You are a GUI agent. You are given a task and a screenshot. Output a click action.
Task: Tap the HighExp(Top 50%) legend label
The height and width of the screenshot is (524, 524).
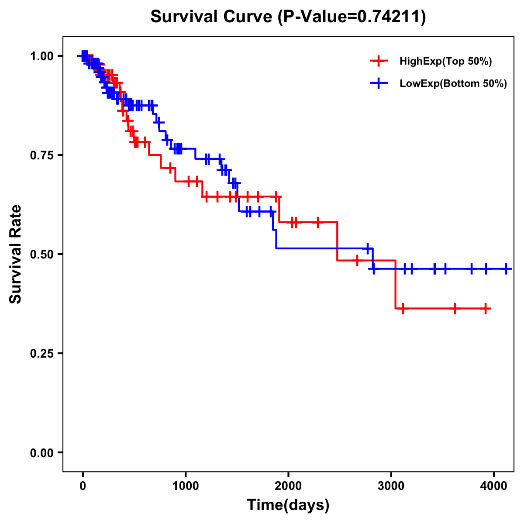[x=445, y=61]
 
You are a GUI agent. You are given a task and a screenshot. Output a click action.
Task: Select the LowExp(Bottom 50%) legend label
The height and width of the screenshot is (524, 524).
[x=453, y=83]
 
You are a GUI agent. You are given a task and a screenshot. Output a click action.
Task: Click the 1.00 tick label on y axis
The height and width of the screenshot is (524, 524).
[x=41, y=56]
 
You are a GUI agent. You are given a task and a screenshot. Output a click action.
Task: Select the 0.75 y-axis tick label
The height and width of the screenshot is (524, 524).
[x=41, y=155]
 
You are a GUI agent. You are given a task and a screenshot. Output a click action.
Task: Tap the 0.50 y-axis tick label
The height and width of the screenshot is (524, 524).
[x=41, y=255]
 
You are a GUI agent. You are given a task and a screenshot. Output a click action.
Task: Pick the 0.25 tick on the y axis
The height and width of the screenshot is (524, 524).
[x=41, y=354]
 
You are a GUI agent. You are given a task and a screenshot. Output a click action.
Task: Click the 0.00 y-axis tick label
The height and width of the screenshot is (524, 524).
[x=41, y=453]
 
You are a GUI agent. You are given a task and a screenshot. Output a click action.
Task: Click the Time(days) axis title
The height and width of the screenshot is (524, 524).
[x=288, y=505]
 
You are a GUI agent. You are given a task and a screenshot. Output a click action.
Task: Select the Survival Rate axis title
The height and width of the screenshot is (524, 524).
[x=16, y=254]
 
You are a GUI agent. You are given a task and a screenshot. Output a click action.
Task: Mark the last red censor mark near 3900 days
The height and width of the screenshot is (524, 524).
[x=486, y=309]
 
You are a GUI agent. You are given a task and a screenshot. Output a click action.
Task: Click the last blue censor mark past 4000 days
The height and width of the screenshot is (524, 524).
[x=506, y=269]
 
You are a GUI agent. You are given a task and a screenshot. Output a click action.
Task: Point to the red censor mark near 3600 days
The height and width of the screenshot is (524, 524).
[x=455, y=309]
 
